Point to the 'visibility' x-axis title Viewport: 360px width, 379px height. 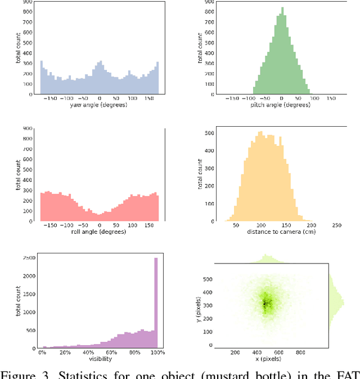pos(100,359)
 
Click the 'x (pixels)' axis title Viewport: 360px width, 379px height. pos(267,359)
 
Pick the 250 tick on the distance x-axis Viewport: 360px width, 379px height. pos(337,225)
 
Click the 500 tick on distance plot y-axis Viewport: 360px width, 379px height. pos(208,133)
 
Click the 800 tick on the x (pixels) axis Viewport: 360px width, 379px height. pos(300,353)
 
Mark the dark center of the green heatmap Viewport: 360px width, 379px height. pos(267,304)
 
